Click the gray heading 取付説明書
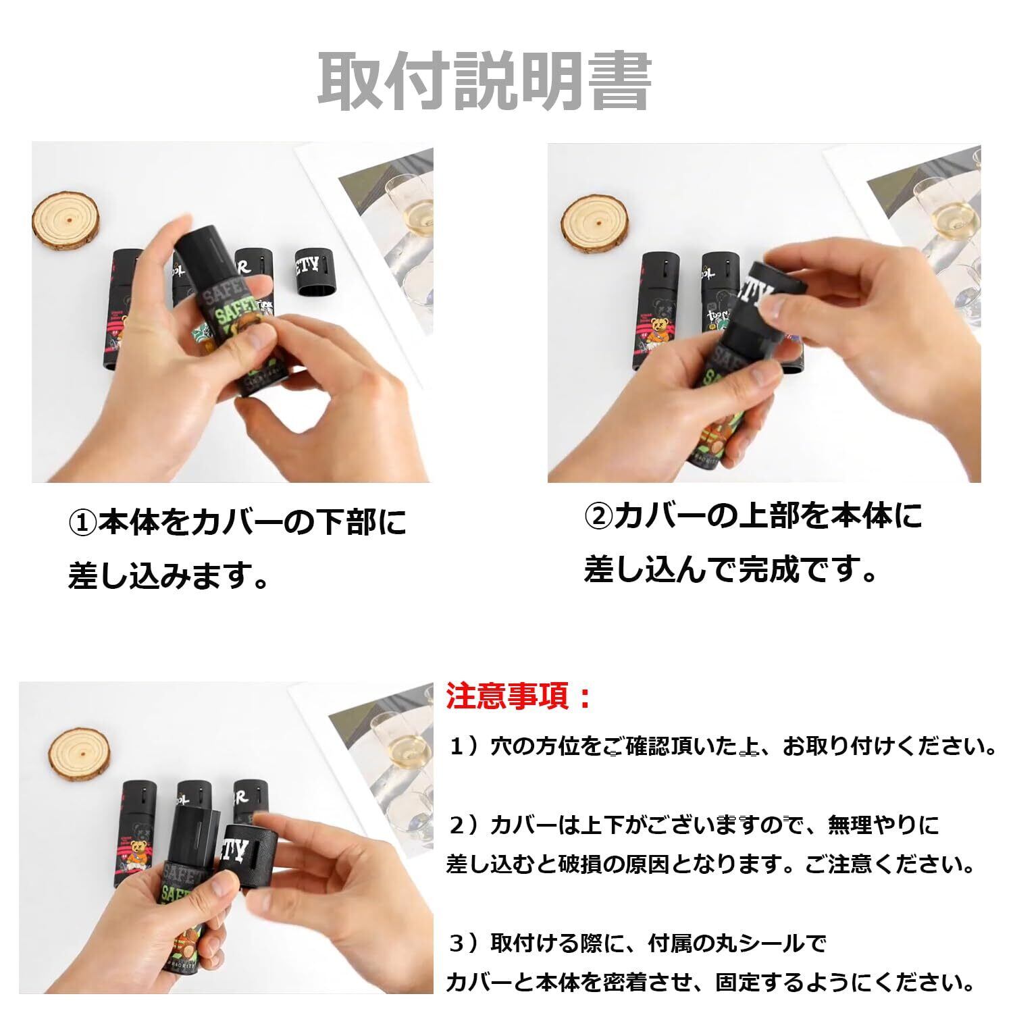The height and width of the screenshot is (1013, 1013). pos(484,82)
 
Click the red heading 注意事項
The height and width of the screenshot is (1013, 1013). pos(511,696)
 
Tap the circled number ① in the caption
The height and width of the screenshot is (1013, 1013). pos(83,523)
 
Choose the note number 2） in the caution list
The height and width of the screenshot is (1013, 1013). pos(465,825)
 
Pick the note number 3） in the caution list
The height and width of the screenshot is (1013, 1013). pos(465,943)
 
